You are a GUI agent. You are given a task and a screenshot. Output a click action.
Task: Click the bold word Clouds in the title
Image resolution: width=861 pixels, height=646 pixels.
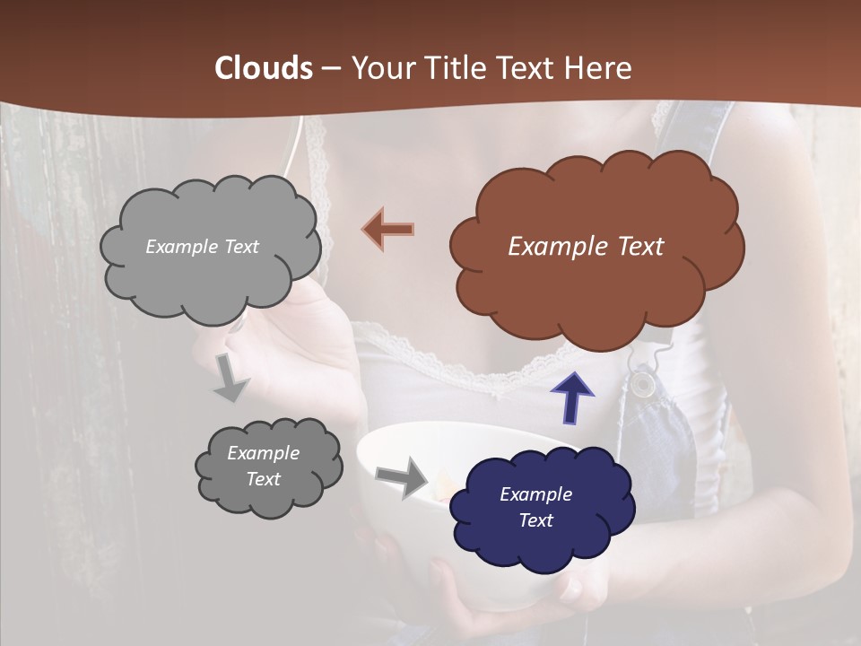264,68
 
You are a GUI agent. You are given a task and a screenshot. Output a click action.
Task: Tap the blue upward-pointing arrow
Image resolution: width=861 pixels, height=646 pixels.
572,397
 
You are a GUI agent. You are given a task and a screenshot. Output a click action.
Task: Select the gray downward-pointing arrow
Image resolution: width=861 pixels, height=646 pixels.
230,378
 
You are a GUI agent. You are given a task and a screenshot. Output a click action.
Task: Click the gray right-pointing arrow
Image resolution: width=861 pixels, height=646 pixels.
403,476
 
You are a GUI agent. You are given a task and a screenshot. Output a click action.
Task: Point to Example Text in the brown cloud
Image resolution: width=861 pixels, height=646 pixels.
586,247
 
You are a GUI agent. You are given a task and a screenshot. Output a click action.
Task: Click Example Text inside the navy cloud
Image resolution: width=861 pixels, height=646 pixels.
535,507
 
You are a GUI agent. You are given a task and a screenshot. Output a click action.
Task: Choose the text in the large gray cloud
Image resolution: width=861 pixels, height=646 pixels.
202,247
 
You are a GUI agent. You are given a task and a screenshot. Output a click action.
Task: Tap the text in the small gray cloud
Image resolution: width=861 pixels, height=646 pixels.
263,466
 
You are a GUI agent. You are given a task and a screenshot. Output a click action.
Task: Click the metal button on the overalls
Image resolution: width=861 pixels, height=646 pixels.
641,383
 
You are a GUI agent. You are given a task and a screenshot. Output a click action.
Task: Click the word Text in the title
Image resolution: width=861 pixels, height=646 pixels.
528,68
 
